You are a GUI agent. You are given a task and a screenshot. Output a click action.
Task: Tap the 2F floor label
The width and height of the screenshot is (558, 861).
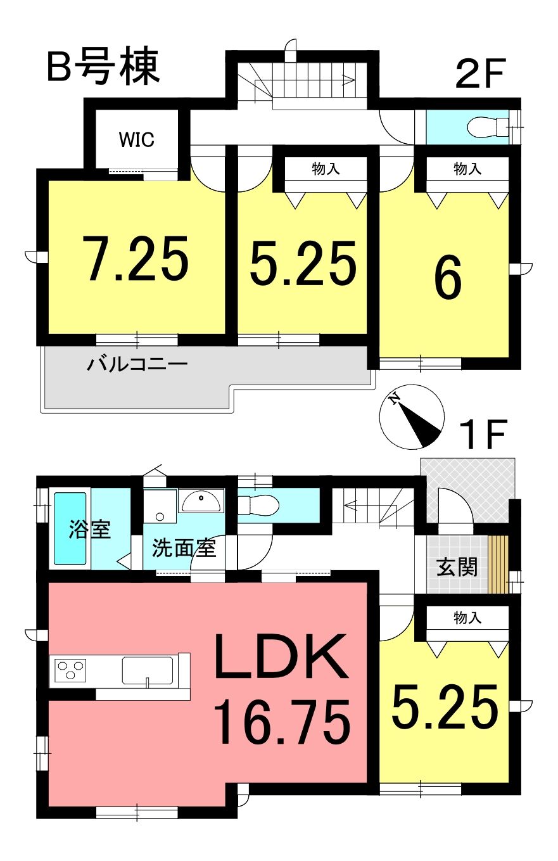(479, 73)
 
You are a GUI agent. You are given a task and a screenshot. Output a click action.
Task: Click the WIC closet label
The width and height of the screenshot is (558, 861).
(136, 139)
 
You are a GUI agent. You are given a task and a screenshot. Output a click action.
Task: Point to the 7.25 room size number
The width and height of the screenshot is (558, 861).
(136, 258)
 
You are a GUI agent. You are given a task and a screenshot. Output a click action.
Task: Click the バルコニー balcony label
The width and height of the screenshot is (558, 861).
(137, 363)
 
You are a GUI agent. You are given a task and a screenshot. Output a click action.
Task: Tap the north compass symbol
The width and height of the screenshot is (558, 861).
(412, 416)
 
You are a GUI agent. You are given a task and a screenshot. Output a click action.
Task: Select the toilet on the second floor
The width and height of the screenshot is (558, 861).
(488, 127)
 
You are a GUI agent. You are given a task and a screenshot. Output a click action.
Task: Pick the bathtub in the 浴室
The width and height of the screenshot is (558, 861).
(70, 528)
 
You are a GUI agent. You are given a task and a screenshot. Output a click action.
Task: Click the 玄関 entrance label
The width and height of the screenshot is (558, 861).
(457, 567)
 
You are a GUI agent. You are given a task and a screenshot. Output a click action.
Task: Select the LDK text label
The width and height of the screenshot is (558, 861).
(281, 656)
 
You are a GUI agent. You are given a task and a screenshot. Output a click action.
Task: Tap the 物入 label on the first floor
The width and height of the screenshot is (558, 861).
(467, 618)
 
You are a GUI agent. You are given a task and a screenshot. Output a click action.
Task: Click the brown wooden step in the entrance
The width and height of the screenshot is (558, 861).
(498, 564)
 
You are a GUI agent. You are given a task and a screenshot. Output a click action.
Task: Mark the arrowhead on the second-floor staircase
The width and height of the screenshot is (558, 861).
(350, 80)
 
